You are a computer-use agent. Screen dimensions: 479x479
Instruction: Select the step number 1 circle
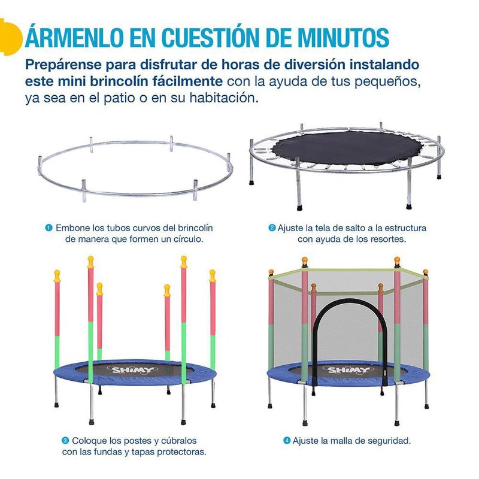tap(49, 228)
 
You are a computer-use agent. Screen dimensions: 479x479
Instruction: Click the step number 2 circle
tap(272, 228)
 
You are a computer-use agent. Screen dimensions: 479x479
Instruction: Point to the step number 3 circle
tap(65, 441)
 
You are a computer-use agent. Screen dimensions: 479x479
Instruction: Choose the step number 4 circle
tap(287, 441)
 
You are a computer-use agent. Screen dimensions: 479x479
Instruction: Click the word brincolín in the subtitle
tap(121, 81)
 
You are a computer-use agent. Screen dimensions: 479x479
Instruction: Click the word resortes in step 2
tap(388, 239)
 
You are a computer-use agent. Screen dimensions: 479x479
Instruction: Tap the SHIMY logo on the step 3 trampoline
tap(133, 371)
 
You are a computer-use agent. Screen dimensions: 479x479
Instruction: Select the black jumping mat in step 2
tap(347, 148)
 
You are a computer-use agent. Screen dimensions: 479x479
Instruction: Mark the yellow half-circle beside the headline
tap(11, 37)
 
